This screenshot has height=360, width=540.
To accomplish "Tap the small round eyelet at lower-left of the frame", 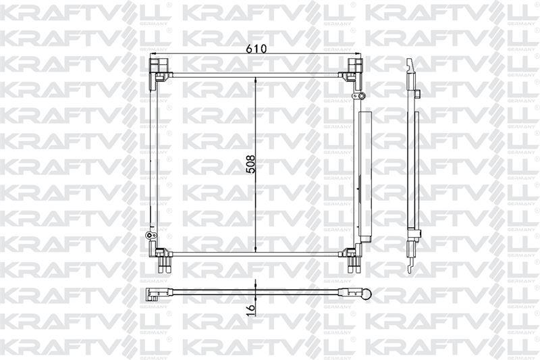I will (x=150, y=236).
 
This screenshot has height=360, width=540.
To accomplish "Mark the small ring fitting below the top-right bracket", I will (x=360, y=99).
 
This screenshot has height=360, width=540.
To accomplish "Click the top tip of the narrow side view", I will (x=410, y=62).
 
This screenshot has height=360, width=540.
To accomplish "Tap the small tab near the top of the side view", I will (x=418, y=93).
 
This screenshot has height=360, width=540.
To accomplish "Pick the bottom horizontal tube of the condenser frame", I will (x=255, y=254).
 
